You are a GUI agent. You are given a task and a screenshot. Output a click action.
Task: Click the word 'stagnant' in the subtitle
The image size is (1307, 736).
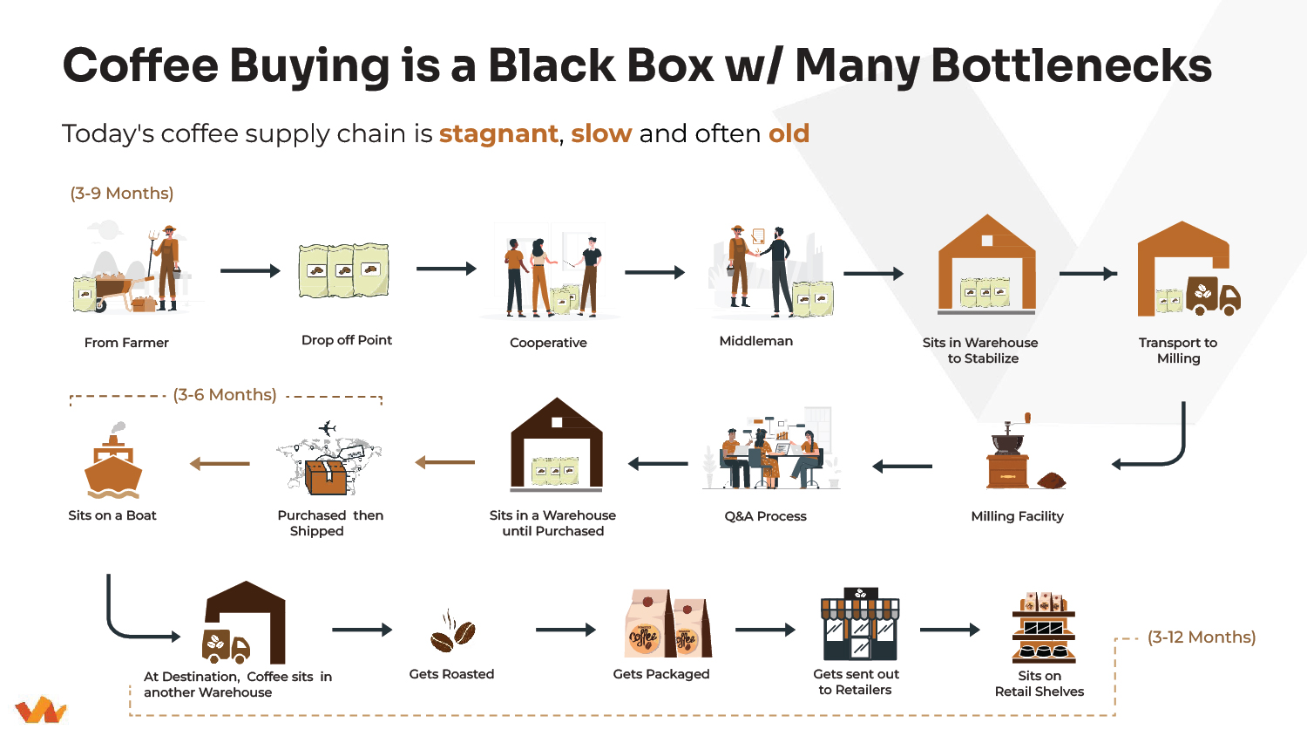[498, 133]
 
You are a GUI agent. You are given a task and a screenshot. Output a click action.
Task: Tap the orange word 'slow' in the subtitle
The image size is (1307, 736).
[601, 133]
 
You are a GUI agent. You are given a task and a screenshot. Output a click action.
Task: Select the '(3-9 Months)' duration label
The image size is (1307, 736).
[122, 194]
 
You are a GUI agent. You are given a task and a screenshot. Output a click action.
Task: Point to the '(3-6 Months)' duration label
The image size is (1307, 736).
[225, 395]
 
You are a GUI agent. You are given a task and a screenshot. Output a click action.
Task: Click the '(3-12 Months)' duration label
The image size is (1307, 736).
[1202, 637]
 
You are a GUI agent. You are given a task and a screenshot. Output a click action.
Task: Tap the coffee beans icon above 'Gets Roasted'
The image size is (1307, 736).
[452, 632]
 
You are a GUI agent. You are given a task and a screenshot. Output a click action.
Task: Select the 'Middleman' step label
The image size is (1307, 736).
[755, 341]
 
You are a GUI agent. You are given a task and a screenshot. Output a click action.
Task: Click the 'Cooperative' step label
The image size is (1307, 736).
[548, 343]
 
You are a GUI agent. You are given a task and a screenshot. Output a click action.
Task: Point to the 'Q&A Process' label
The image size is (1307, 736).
[765, 516]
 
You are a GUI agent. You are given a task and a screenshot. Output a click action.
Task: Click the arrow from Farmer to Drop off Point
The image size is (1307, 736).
[250, 271]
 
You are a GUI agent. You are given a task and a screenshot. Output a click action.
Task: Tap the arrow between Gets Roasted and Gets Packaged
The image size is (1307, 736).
[565, 630]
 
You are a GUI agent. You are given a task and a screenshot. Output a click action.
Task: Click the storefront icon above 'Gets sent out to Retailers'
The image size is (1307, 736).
[860, 625]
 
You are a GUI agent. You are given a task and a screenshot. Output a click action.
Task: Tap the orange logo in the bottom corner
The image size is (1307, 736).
[40, 710]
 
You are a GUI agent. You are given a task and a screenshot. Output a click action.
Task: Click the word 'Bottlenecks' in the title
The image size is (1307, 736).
[1072, 65]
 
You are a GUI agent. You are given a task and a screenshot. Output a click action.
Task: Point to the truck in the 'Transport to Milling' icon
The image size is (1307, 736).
[1213, 296]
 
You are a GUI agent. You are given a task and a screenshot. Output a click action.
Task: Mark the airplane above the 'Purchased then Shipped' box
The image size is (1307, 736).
[328, 427]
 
